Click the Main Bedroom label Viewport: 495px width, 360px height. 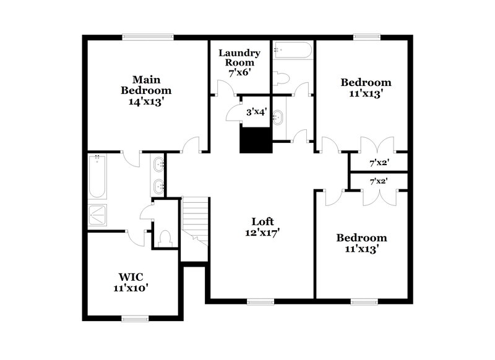click(145, 90)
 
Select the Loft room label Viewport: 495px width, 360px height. click(262, 227)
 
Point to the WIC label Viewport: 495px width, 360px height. click(131, 281)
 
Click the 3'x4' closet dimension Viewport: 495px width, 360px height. click(257, 113)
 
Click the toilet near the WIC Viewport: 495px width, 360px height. click(165, 239)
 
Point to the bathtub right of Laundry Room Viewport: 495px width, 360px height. click(293, 50)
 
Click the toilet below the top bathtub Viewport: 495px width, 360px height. click(282, 78)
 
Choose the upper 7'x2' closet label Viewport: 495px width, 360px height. click(379, 163)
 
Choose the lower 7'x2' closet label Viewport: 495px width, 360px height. click(379, 182)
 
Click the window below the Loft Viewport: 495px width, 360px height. click(260, 302)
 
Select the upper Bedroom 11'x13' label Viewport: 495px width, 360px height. click(366, 88)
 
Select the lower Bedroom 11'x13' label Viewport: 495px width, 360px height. click(361, 243)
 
